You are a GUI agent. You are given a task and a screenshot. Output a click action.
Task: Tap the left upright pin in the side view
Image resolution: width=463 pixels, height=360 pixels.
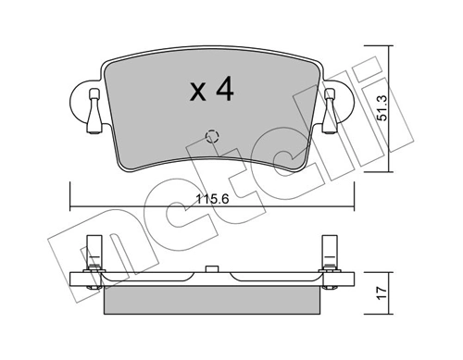point(93,251)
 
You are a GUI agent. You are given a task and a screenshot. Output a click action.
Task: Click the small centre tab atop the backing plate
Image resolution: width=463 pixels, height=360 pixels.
point(211,270)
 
